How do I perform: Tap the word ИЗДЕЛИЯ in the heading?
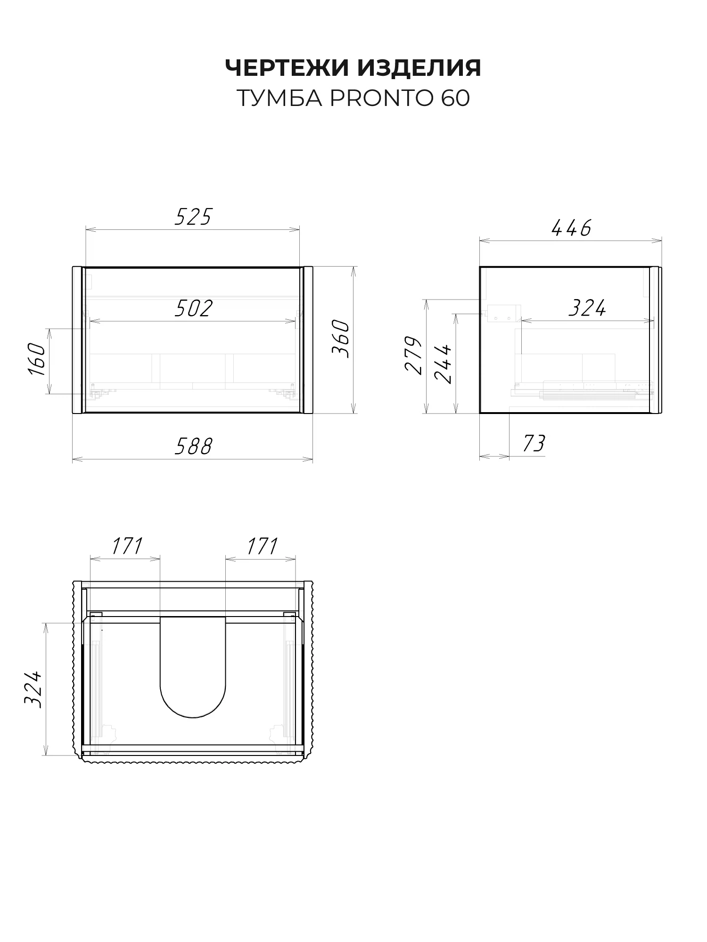pyautogui.click(x=419, y=68)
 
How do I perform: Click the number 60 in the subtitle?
pyautogui.click(x=456, y=98)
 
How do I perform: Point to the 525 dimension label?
pyautogui.click(x=193, y=217)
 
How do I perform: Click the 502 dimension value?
pyautogui.click(x=194, y=309)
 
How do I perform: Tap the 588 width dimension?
pyautogui.click(x=193, y=447)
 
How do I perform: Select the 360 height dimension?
pyautogui.click(x=341, y=339)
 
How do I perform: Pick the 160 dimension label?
pyautogui.click(x=37, y=359)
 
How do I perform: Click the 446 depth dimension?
pyautogui.click(x=571, y=228)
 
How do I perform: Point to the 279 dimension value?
pyautogui.click(x=414, y=355)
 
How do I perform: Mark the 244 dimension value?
pyautogui.click(x=443, y=363)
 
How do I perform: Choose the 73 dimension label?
pyautogui.click(x=534, y=444)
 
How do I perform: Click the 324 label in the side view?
pyautogui.click(x=587, y=309)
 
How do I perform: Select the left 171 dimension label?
pyautogui.click(x=127, y=546)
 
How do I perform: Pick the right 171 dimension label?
pyautogui.click(x=262, y=546)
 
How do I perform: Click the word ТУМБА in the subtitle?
pyautogui.click(x=280, y=98)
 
